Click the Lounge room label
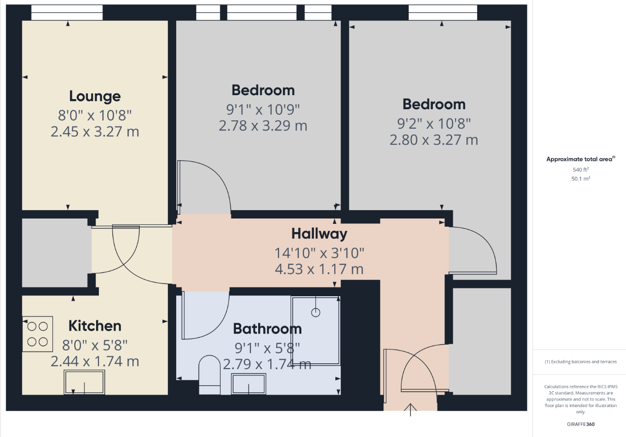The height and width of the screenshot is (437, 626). [x=95, y=97]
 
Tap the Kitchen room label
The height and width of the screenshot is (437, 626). [x=95, y=326]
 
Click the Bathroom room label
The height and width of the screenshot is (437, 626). [x=267, y=329]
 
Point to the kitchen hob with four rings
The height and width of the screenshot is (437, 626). [x=37, y=334]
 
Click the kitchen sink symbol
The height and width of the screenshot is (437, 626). [x=84, y=382]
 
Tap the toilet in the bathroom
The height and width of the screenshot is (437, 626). [x=209, y=375]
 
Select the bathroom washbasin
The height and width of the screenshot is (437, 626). [x=248, y=384]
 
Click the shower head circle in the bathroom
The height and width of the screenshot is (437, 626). [x=315, y=312]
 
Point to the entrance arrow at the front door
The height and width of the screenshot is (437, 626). [x=410, y=410]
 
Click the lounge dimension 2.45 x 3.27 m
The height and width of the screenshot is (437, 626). [x=95, y=132]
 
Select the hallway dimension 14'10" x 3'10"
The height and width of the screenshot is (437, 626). [x=319, y=253]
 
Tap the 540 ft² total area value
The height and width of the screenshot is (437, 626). [x=581, y=169]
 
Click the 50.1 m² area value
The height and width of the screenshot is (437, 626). [x=581, y=178]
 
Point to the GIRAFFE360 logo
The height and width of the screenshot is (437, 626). [x=581, y=424]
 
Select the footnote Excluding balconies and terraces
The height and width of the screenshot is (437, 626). [x=581, y=362]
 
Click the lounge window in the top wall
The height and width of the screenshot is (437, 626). [x=67, y=13]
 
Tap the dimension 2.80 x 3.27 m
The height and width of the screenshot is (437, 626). [x=434, y=140]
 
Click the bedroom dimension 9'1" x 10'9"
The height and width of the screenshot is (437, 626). [x=263, y=109]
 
